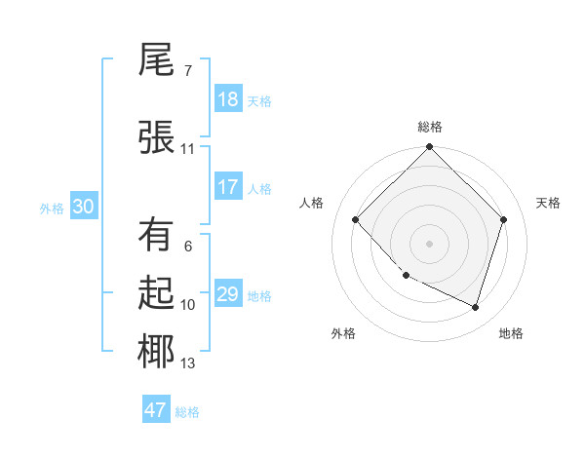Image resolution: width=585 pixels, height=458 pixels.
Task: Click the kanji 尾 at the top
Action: (x=157, y=61)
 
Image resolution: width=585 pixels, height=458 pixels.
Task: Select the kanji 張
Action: (x=157, y=136)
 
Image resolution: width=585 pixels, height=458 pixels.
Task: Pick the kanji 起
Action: (x=157, y=293)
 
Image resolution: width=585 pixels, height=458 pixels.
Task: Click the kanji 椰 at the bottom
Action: (x=157, y=352)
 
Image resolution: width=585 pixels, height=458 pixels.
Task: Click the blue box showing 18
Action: (x=228, y=99)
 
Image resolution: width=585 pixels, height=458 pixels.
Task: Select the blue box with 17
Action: (x=228, y=187)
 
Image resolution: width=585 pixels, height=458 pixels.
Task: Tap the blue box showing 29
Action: (x=228, y=294)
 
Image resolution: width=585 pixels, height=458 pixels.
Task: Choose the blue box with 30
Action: (x=83, y=207)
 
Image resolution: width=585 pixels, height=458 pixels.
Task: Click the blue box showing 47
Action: (x=156, y=410)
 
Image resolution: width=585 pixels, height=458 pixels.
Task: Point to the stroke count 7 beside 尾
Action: (x=188, y=71)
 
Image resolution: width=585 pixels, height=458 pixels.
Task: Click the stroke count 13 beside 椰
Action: (x=188, y=363)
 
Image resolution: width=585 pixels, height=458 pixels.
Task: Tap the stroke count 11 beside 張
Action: (x=188, y=149)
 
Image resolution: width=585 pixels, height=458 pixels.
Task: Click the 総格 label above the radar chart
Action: (x=430, y=127)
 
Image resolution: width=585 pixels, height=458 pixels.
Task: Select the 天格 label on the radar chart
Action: (x=549, y=203)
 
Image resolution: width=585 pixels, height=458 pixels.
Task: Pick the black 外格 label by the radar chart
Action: (x=343, y=333)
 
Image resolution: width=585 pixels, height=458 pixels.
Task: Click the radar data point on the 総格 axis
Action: (x=429, y=147)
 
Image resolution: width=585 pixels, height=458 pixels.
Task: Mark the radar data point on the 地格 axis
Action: (x=476, y=307)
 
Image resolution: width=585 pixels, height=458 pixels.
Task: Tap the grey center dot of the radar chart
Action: (x=429, y=243)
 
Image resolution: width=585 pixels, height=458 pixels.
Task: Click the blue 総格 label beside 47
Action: (x=187, y=412)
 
